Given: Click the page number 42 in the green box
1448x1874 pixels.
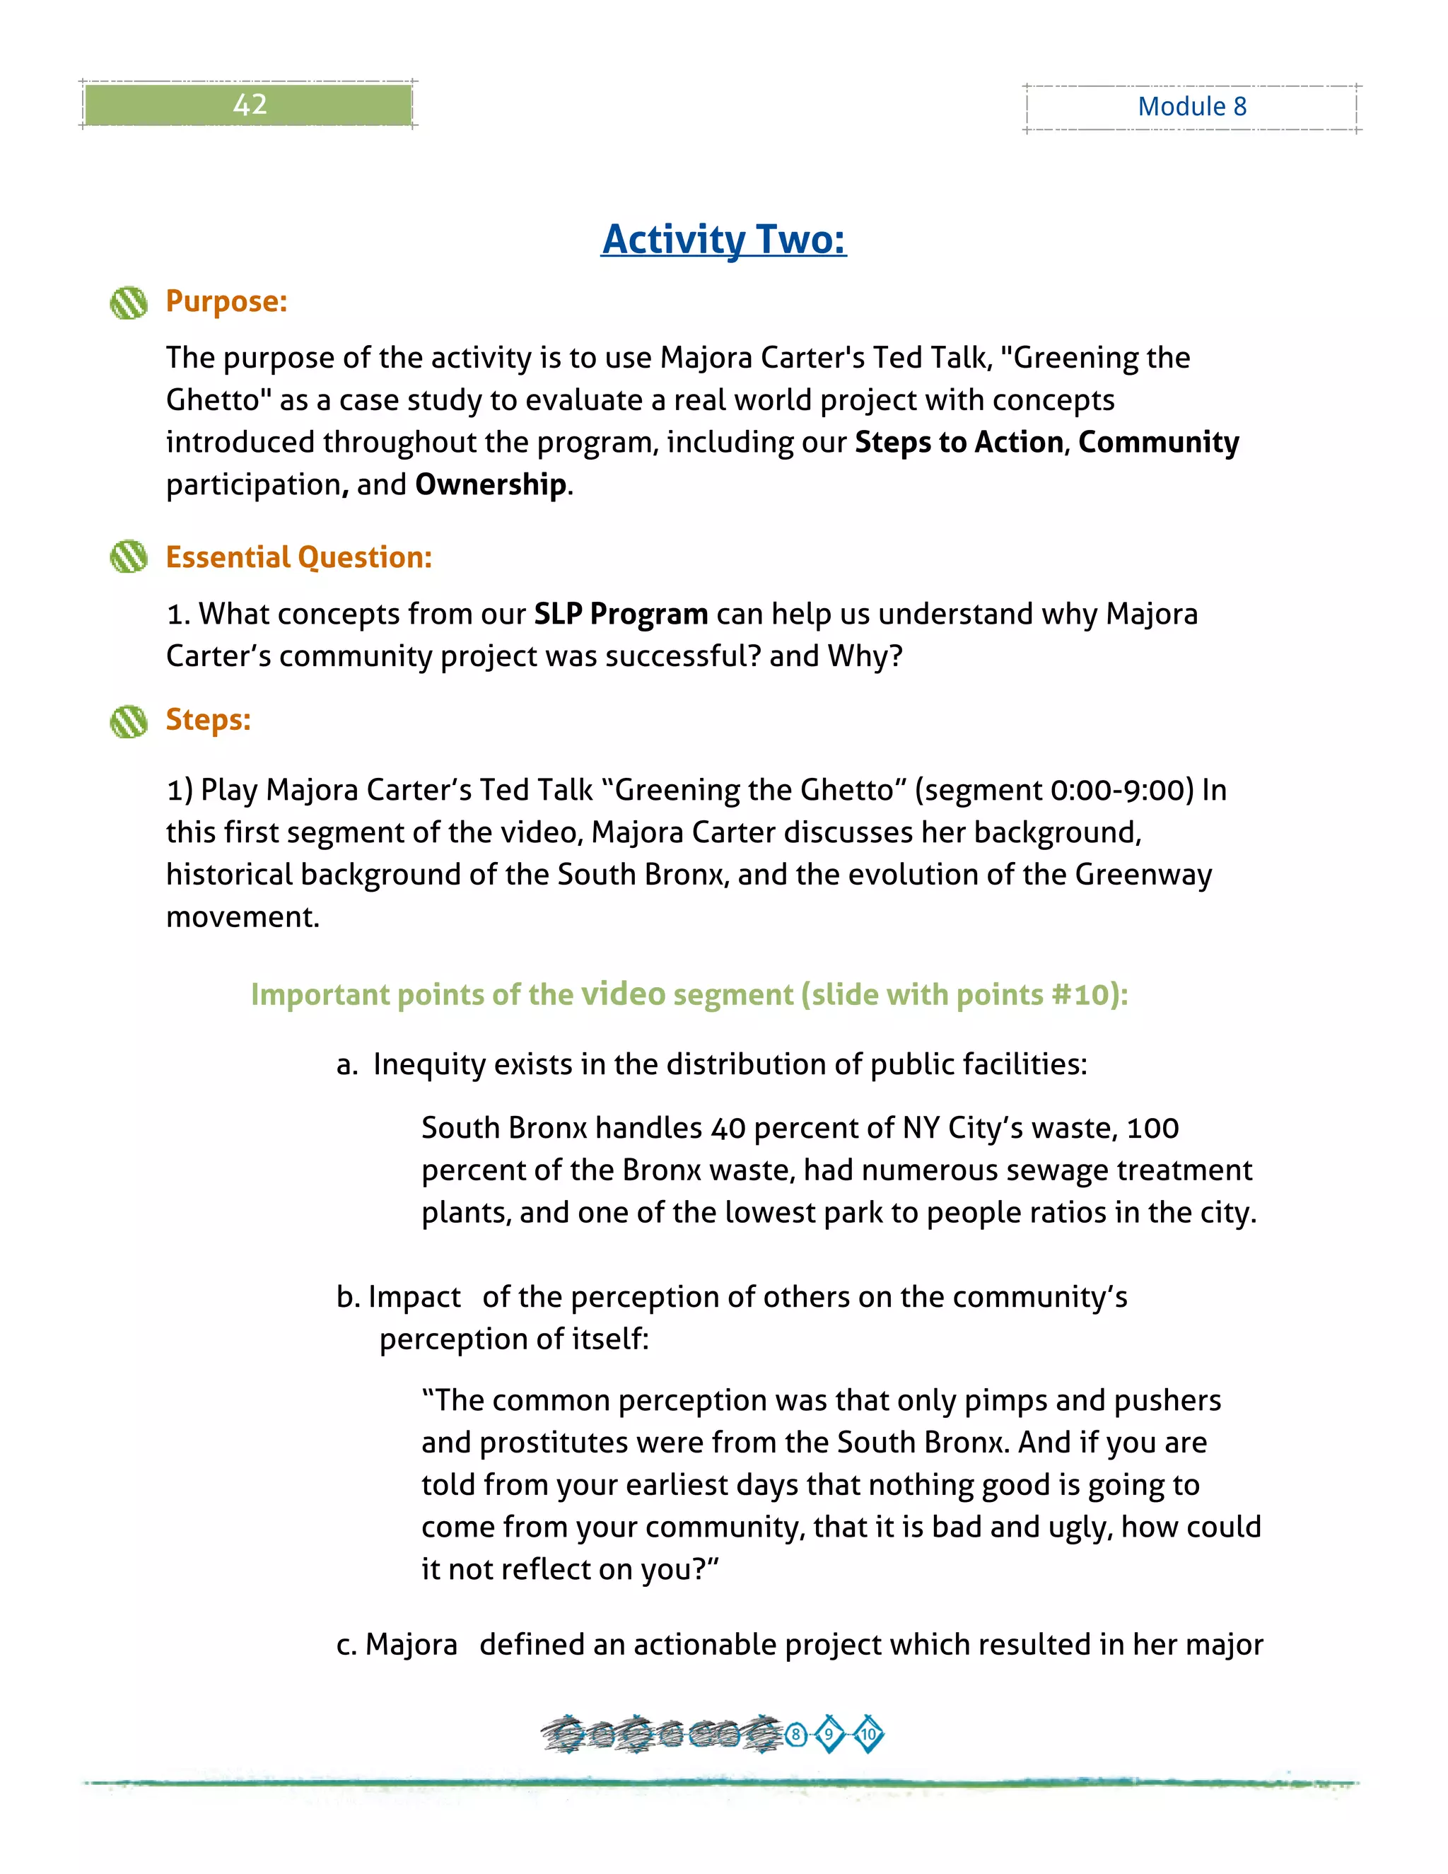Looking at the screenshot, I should point(250,105).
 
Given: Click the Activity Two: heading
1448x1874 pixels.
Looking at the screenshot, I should point(723,240).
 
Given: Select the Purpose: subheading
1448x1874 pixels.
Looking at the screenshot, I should point(226,301).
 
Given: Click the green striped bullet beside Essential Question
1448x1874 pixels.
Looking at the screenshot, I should point(129,557).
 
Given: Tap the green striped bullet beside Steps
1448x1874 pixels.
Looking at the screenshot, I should point(129,721).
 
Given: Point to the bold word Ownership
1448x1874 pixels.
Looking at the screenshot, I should point(491,485).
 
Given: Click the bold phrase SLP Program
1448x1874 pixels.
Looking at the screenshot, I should point(620,615).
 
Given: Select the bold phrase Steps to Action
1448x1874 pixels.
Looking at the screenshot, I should point(959,443).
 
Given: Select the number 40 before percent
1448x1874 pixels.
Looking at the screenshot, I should point(728,1129).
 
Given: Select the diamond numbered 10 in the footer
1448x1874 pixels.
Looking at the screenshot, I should point(868,1734).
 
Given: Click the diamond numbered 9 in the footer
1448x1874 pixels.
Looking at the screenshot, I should point(829,1734).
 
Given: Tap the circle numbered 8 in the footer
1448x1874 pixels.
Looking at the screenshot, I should point(796,1734).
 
